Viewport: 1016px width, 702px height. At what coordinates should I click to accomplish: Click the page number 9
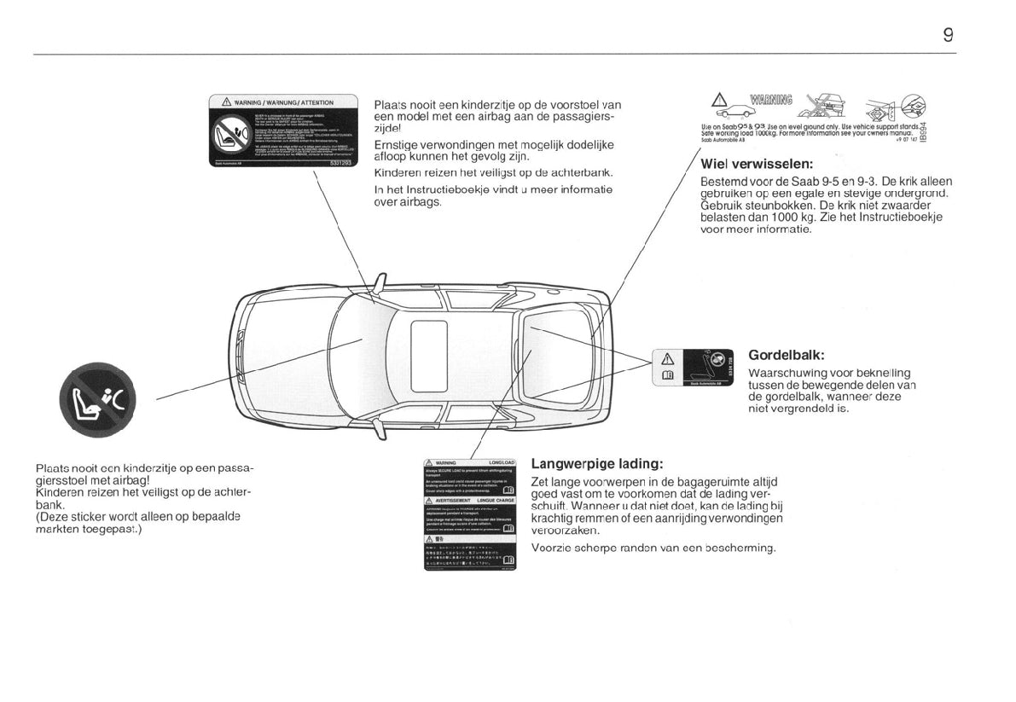pyautogui.click(x=948, y=35)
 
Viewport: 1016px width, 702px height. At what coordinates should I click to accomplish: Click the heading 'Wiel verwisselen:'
pyautogui.click(x=756, y=164)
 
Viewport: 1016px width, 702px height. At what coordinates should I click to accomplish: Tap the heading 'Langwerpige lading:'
pyautogui.click(x=596, y=464)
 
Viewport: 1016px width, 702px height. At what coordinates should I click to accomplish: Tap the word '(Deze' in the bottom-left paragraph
pyautogui.click(x=54, y=517)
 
